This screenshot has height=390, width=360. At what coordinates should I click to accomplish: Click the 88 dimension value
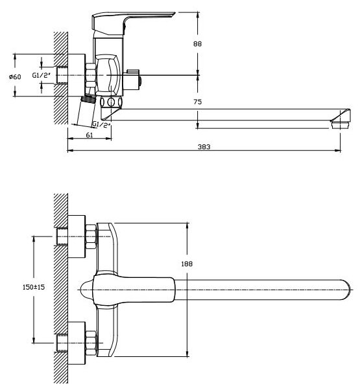[197, 44]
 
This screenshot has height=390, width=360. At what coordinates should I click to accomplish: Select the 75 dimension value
[197, 102]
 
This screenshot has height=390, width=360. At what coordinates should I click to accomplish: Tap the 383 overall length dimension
[204, 147]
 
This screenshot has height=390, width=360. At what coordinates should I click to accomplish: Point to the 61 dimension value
[89, 135]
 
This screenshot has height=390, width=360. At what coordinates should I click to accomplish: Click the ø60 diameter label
[15, 77]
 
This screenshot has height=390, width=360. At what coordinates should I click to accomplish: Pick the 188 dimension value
[187, 264]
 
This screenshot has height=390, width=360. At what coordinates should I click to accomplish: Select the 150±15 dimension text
[34, 287]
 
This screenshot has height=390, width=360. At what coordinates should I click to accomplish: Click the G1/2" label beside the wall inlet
[42, 75]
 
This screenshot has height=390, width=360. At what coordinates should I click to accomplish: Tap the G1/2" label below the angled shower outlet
[101, 124]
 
